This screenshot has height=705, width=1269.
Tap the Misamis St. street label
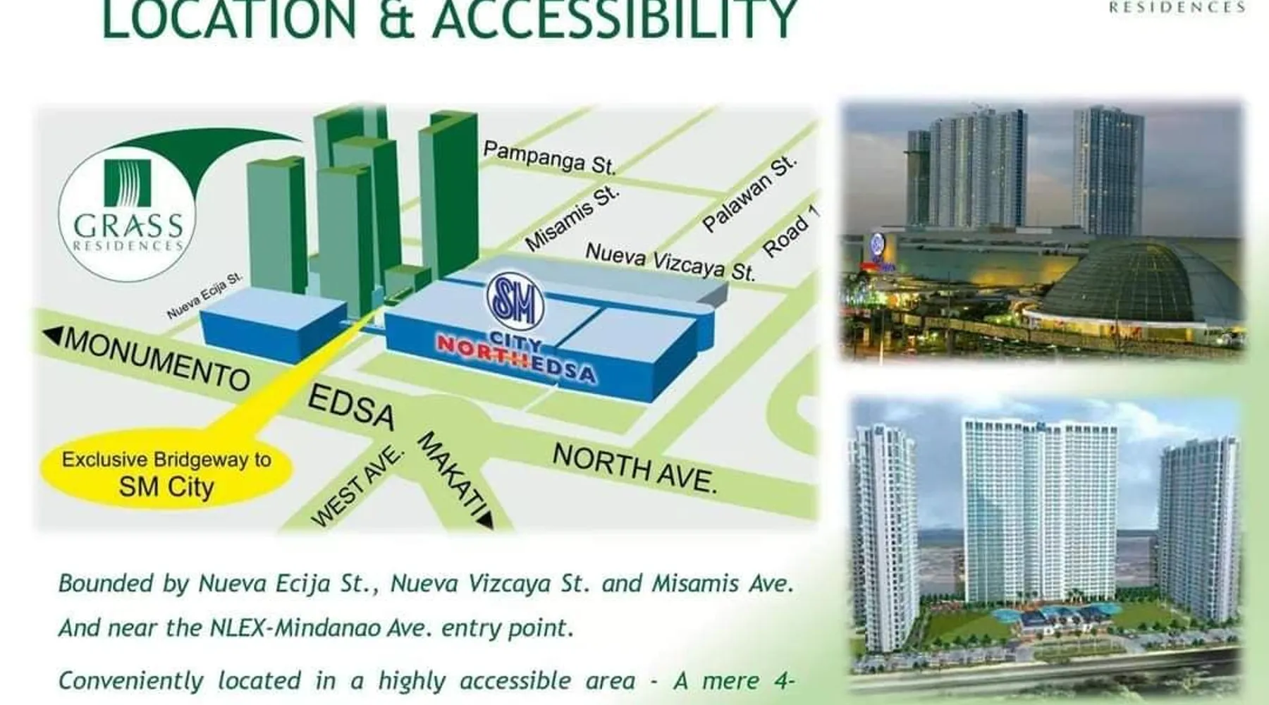click(572, 218)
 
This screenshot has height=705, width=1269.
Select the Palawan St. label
click(749, 193)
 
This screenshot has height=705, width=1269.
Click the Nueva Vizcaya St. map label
click(670, 262)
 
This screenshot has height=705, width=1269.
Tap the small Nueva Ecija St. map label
click(204, 295)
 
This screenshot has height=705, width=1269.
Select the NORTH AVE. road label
click(634, 468)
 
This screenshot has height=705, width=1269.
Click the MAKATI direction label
click(452, 473)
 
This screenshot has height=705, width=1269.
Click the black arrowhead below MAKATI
click(486, 520)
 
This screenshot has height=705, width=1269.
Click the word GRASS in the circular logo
click(128, 226)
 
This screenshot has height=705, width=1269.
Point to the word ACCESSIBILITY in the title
click(615, 19)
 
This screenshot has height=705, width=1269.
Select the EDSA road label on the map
click(351, 407)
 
